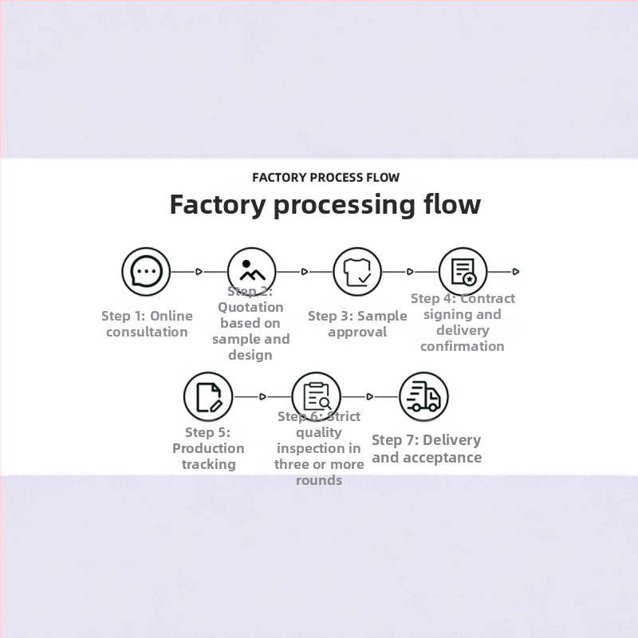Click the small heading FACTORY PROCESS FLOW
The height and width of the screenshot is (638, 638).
[x=325, y=177]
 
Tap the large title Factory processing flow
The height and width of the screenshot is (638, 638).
[x=325, y=205]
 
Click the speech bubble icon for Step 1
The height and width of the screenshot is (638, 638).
[x=147, y=271]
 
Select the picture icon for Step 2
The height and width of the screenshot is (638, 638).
[x=252, y=271]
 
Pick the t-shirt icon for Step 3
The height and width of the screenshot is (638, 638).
[x=357, y=271]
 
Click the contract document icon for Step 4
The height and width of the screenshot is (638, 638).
[x=463, y=271]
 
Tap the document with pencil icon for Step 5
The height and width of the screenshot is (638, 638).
[x=208, y=396]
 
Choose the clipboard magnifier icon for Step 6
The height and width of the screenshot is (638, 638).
[x=317, y=396]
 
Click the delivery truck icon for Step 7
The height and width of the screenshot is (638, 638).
[x=423, y=396]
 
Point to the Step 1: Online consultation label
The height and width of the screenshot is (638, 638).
[x=147, y=324]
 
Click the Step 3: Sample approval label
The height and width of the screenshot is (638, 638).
[x=357, y=324]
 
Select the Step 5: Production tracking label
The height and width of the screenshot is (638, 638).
[x=208, y=448]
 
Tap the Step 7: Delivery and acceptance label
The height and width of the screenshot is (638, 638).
[x=427, y=448]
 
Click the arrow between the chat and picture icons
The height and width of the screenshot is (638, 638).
[x=199, y=271]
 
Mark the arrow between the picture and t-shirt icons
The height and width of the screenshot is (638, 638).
[x=305, y=271]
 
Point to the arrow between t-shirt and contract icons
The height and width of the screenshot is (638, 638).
[x=410, y=271]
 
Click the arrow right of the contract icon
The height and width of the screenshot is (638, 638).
[x=515, y=271]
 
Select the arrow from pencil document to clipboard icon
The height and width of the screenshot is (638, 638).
[x=262, y=396]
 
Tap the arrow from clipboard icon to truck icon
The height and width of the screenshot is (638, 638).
[x=369, y=396]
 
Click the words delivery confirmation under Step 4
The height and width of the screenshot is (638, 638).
[x=463, y=338]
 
